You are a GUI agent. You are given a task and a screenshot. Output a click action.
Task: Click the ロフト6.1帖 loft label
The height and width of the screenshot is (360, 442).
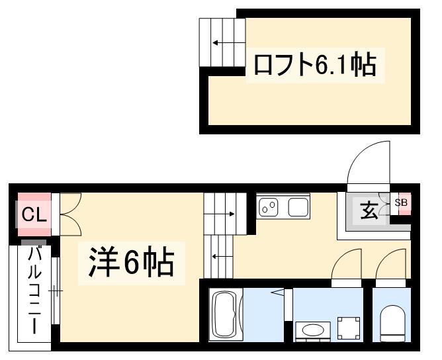click(314, 65)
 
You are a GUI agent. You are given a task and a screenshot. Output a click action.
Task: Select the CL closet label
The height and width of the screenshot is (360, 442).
click(32, 214)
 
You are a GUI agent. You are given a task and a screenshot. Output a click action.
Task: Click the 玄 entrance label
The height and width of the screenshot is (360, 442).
click(369, 212)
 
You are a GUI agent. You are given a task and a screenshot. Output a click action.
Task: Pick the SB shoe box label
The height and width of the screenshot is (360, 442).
click(402, 202)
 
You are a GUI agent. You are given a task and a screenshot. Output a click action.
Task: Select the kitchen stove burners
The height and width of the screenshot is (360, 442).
click(269, 208)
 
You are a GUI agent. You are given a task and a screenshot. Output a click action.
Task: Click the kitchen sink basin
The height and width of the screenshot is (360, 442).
click(298, 207)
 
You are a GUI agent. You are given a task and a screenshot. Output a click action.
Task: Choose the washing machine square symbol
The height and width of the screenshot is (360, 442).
click(348, 326)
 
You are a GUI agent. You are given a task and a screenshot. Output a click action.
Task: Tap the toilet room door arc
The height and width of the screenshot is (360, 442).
click(390, 265)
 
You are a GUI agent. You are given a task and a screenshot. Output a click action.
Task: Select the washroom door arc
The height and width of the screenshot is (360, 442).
click(346, 265)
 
